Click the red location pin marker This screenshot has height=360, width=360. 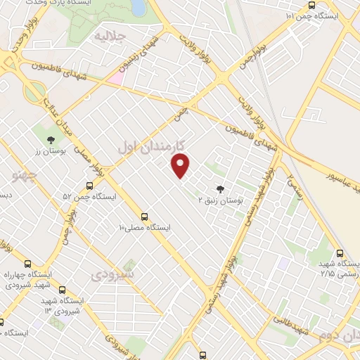click(x=181, y=166)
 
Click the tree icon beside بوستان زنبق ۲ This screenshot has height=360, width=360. click(x=221, y=188)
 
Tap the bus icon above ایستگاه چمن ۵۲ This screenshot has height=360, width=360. click(x=89, y=186)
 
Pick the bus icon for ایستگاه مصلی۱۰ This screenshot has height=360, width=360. click(x=145, y=217)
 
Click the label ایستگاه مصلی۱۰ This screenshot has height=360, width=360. click(x=145, y=227)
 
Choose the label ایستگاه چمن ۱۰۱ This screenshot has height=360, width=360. click(x=312, y=15)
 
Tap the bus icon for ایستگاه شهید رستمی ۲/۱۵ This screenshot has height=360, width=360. click(x=340, y=254)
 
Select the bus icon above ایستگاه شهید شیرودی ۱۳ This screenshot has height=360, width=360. click(x=63, y=289)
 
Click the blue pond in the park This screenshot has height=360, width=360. click(x=139, y=7)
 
